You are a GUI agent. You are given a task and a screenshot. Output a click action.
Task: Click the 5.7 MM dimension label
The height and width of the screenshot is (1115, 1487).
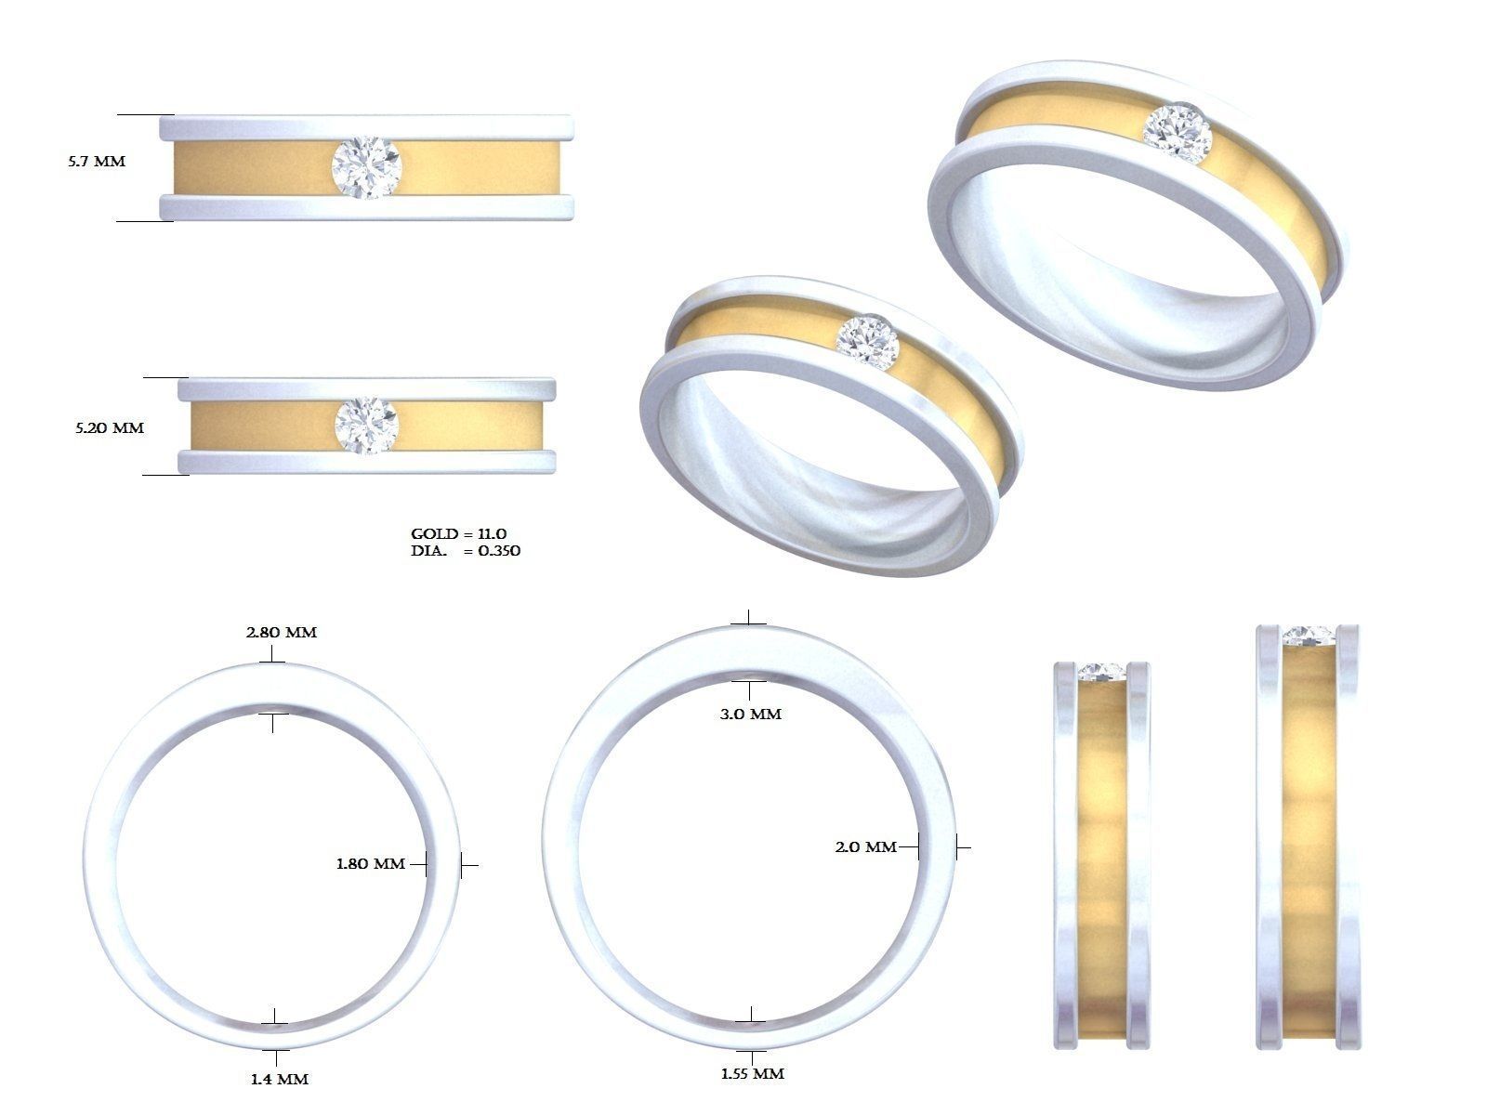click(x=96, y=162)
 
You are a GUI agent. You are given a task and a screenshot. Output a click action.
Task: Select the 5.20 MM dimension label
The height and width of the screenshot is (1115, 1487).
click(x=110, y=428)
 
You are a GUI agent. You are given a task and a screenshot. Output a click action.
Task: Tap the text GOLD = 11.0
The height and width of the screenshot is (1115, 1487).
click(x=458, y=534)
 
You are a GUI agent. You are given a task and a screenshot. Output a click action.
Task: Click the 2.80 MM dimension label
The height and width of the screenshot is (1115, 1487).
click(x=281, y=633)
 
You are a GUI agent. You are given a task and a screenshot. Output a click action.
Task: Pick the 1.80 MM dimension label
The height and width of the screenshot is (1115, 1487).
click(x=370, y=864)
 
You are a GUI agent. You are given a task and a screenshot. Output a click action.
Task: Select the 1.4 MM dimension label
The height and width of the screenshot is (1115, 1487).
click(x=279, y=1079)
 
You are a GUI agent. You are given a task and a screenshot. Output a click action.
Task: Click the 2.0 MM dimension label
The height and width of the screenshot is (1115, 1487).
click(x=865, y=847)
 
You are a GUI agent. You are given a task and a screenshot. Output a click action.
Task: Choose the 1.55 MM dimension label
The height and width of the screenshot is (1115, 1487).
click(x=752, y=1074)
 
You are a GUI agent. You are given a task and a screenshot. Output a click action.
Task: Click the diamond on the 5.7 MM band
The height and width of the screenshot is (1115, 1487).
click(x=365, y=167)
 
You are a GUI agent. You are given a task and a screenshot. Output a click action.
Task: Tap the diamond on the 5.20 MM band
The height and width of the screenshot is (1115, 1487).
click(x=366, y=426)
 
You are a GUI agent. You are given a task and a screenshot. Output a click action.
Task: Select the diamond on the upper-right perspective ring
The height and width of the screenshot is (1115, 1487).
click(x=1178, y=130)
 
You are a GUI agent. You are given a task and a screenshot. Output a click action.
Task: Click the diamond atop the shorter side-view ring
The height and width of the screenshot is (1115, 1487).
click(x=1101, y=672)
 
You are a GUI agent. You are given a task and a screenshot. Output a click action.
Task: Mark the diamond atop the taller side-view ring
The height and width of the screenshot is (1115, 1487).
click(x=1309, y=636)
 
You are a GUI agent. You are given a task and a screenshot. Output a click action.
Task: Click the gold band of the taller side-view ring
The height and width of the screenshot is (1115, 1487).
click(x=1309, y=836)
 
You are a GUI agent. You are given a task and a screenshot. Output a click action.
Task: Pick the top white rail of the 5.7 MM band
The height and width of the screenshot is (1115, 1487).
click(x=365, y=127)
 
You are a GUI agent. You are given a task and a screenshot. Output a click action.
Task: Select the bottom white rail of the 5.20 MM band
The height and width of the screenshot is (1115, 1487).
click(x=366, y=462)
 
